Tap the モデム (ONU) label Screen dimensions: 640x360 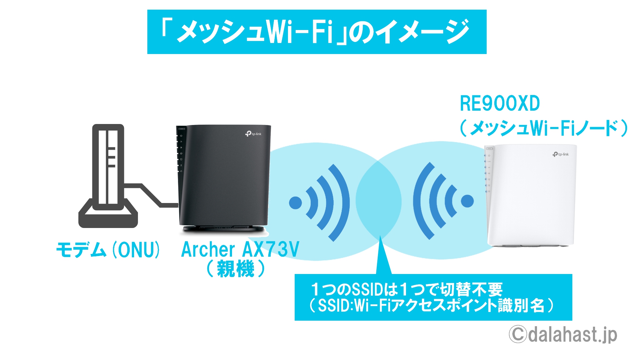tap(108, 250)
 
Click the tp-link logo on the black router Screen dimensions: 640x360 tap(253, 134)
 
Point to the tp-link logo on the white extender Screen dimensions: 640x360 tap(561, 154)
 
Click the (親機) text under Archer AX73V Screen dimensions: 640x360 tap(236, 269)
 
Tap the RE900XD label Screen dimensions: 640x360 tap(500, 103)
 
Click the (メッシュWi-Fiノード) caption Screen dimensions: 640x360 tap(544, 128)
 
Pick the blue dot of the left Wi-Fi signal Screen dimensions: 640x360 tap(295, 203)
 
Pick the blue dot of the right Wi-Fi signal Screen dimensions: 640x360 tap(467, 201)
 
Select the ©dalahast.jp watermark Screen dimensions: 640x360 tap(563, 334)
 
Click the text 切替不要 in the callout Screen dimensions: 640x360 tap(471, 289)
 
